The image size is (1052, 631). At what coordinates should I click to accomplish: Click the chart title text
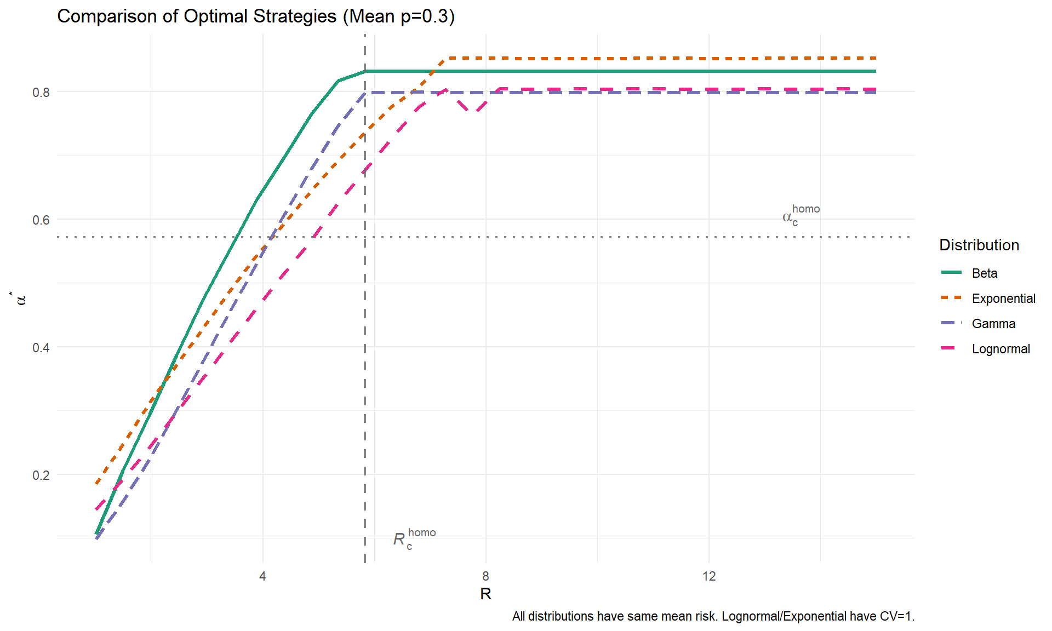coord(256,16)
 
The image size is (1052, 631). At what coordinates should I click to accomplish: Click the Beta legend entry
coord(984,273)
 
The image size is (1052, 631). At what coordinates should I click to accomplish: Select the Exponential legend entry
coord(1003,299)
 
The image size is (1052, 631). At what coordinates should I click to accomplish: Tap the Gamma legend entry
coord(993,324)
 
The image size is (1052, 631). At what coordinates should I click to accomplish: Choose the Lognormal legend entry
coord(1000,349)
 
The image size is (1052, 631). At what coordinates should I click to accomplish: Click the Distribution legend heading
coord(979,245)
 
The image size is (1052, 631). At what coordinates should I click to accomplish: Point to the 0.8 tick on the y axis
coord(41,92)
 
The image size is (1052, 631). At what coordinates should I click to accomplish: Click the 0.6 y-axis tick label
coord(41,220)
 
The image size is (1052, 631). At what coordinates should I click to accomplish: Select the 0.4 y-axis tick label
coord(41,347)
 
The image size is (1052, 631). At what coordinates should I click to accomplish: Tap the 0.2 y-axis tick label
coord(41,475)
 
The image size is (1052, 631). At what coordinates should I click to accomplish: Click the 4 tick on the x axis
coord(263,576)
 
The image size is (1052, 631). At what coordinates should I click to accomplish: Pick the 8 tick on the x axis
coord(485,576)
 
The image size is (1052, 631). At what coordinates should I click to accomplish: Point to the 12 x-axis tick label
coord(709,576)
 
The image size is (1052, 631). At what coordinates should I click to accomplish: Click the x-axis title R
coord(485,594)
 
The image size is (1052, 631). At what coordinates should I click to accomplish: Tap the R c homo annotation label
coord(414,539)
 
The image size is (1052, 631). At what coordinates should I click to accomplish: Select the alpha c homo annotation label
coord(801,215)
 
